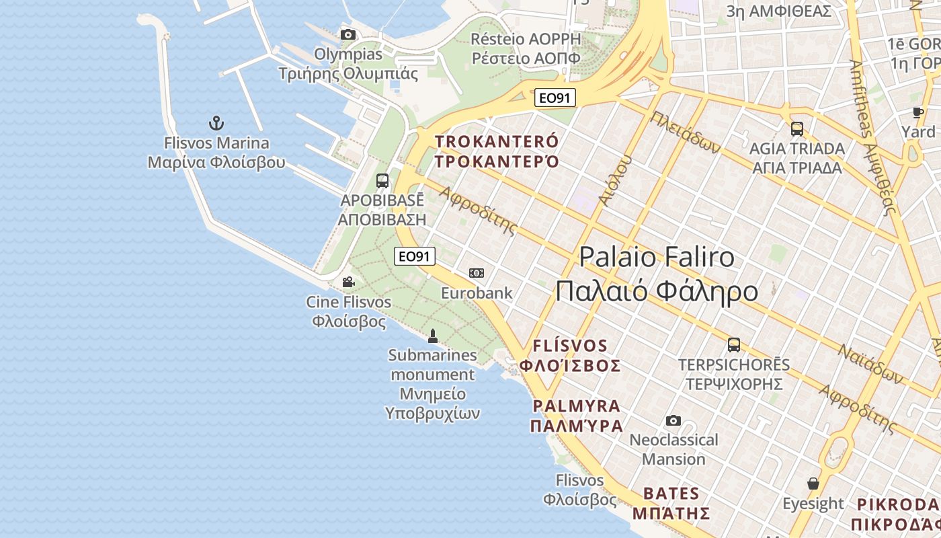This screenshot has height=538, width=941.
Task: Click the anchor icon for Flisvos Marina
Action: [216, 123]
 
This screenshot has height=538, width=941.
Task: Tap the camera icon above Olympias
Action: [347, 34]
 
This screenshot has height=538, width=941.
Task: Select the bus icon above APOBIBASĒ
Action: [382, 180]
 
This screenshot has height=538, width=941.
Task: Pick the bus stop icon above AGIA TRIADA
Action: [797, 128]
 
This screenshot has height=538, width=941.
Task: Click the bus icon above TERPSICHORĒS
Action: [734, 345]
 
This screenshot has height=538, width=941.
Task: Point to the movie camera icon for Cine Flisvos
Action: [348, 282]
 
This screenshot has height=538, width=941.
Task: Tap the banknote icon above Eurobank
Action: [477, 272]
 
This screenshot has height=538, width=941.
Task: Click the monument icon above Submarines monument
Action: [433, 335]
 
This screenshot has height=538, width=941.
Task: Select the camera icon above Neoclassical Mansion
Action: [673, 420]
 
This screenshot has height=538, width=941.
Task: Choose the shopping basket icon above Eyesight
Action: [813, 484]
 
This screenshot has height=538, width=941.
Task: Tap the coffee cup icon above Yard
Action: [918, 112]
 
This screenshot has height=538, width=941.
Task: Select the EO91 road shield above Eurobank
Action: [415, 256]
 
